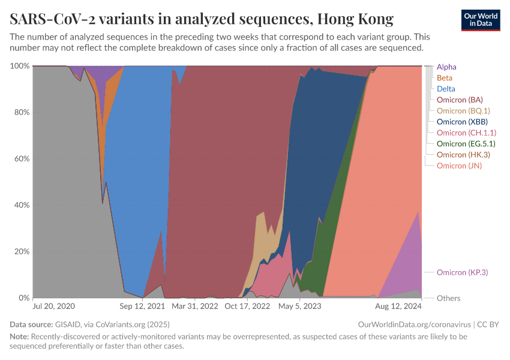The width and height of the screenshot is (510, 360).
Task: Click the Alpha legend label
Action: click(446, 67)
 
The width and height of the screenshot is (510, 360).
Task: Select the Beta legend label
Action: click(445, 78)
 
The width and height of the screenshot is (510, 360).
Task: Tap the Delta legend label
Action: click(446, 89)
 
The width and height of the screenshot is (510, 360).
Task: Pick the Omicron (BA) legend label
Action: click(460, 100)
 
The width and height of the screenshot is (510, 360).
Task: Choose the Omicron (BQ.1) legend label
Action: click(463, 110)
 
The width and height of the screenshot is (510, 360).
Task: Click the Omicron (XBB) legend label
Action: click(462, 122)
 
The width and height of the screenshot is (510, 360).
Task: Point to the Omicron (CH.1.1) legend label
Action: click(466, 133)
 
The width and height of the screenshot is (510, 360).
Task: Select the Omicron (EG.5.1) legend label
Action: click(466, 143)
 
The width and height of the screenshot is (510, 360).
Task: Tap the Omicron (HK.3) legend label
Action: click(463, 154)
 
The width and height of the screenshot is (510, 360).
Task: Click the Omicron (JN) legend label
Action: click(459, 166)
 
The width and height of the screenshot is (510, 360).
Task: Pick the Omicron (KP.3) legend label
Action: click(462, 272)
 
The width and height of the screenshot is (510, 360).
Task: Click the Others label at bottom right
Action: click(448, 298)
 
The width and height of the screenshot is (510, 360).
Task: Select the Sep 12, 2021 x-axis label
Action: click(143, 306)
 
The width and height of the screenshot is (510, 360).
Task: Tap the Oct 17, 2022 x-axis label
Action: click(247, 306)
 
